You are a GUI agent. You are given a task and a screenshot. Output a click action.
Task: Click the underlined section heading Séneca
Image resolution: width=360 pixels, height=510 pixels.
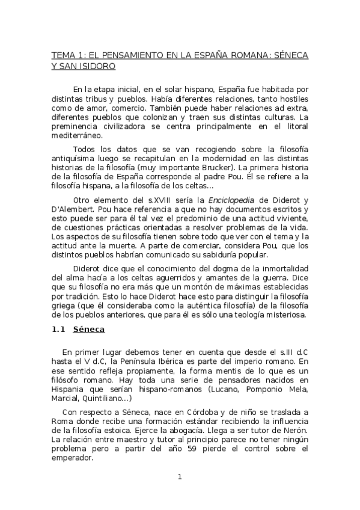(x=89, y=330)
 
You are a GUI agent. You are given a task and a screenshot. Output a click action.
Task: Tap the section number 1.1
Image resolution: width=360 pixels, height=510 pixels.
(x=59, y=330)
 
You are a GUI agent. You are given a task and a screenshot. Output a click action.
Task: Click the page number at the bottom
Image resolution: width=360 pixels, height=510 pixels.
(x=179, y=478)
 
